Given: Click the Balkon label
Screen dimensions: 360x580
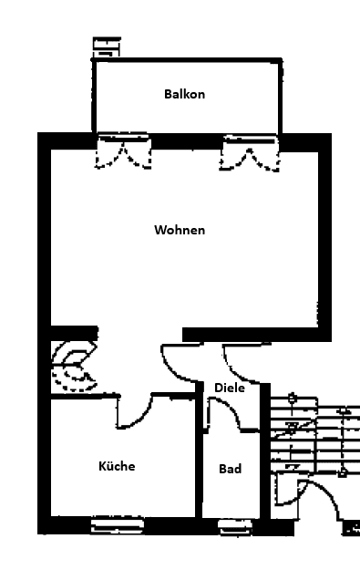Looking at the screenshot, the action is point(184,94).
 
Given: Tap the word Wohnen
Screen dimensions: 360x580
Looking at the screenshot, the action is point(180,230).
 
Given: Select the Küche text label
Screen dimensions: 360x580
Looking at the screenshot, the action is point(117,466).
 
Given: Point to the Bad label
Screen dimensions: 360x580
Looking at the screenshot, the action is point(231,469).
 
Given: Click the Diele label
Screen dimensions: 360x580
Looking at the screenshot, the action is point(230,388).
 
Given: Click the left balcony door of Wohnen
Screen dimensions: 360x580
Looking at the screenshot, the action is point(123,151).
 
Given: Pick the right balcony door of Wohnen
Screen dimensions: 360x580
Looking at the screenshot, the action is point(250,153).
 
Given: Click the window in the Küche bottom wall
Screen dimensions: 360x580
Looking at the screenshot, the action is point(118,524).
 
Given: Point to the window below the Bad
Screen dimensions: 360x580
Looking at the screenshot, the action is point(235,527).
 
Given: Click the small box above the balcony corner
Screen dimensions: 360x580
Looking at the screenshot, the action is point(107,47).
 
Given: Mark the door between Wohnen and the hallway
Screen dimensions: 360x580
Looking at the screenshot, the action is point(181,363).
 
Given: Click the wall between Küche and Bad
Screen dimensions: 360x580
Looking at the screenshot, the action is point(199,451).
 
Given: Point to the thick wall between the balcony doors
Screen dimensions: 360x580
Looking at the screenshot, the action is point(187,141).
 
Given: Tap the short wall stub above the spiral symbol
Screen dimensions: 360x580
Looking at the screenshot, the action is point(74,333).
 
